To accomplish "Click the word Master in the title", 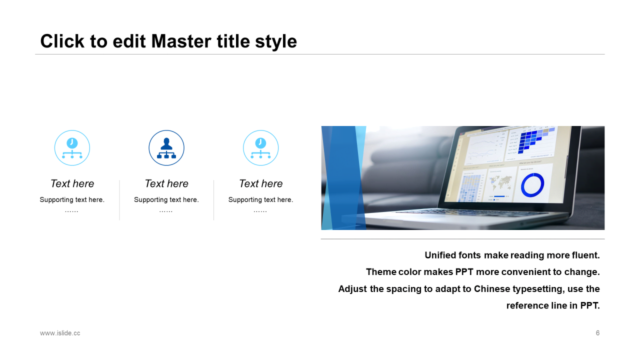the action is tap(181, 41).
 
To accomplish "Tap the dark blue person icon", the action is tap(166, 147).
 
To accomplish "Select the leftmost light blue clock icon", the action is tap(72, 147).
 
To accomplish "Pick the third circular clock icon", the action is tap(260, 147).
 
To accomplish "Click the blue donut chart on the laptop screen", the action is tap(532, 185).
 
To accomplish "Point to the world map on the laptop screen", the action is tap(500, 183).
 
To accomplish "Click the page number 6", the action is tap(597, 333).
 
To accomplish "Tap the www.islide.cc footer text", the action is tap(60, 333).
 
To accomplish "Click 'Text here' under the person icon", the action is tap(166, 183).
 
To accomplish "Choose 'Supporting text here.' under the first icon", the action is tap(72, 199).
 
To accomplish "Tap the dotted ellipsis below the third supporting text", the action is tap(260, 211).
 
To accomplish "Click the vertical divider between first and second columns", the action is tap(119, 200).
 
